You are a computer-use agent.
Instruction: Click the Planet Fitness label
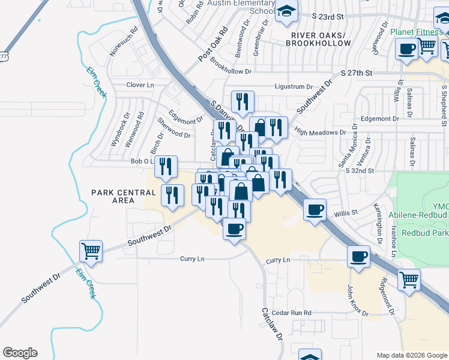pos(416,32)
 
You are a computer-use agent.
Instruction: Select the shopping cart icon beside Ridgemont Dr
pos(409,279)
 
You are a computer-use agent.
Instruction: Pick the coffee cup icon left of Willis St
pos(315,210)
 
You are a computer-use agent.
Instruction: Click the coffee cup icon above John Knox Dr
pos(359,256)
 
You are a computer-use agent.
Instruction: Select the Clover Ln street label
pos(140,85)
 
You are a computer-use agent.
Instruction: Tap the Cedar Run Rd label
pos(291,313)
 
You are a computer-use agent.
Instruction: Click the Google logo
pos(20,353)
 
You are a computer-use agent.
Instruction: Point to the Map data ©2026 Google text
pos(411,355)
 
